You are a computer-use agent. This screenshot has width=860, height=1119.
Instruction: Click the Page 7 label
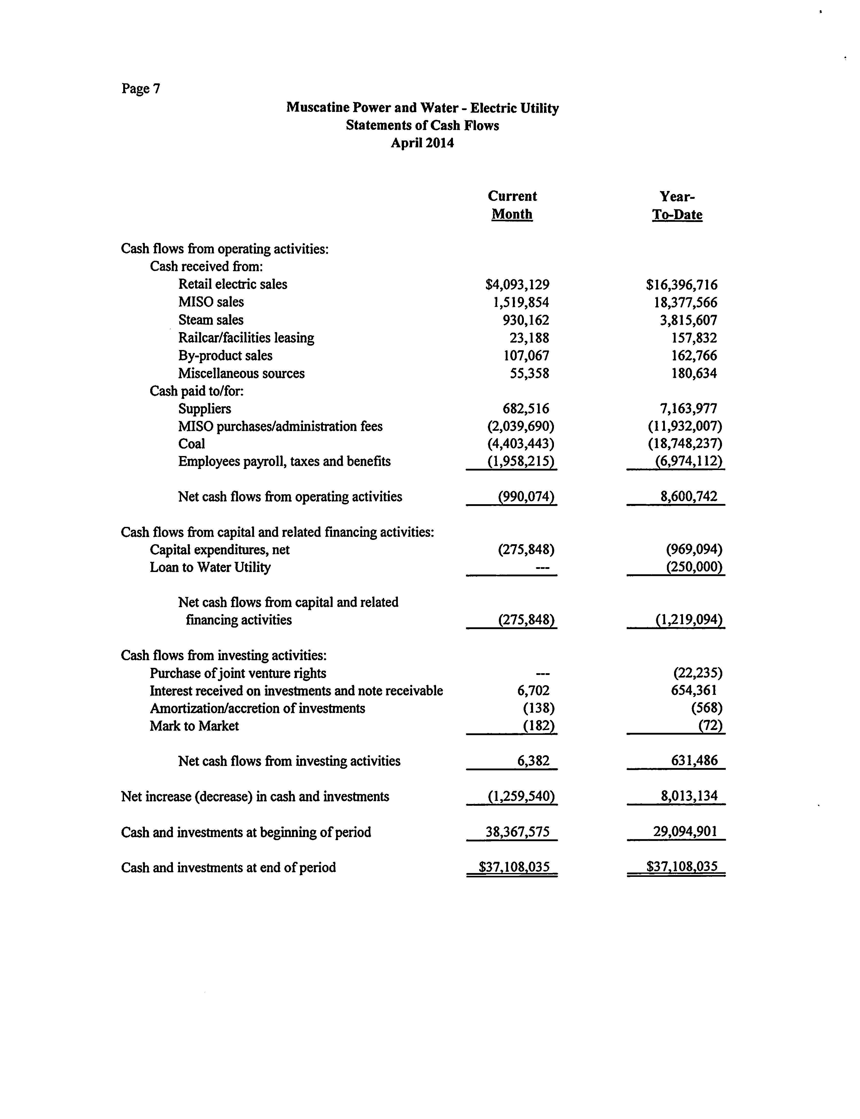click(141, 89)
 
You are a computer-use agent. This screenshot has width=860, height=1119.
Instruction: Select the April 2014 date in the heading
click(422, 143)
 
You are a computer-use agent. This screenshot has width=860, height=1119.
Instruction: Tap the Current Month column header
click(512, 205)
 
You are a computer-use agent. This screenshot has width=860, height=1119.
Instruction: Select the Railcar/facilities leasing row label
click(246, 338)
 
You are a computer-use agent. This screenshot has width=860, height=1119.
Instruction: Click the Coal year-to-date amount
click(685, 444)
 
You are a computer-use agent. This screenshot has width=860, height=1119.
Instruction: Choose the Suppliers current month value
click(526, 409)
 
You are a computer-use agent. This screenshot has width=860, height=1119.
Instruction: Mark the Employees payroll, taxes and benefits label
click(284, 462)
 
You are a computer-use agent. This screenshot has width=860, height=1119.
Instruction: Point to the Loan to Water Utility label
click(210, 567)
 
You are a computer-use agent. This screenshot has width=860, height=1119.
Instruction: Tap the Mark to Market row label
click(194, 726)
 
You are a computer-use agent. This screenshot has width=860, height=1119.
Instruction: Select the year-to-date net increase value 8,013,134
click(689, 796)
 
